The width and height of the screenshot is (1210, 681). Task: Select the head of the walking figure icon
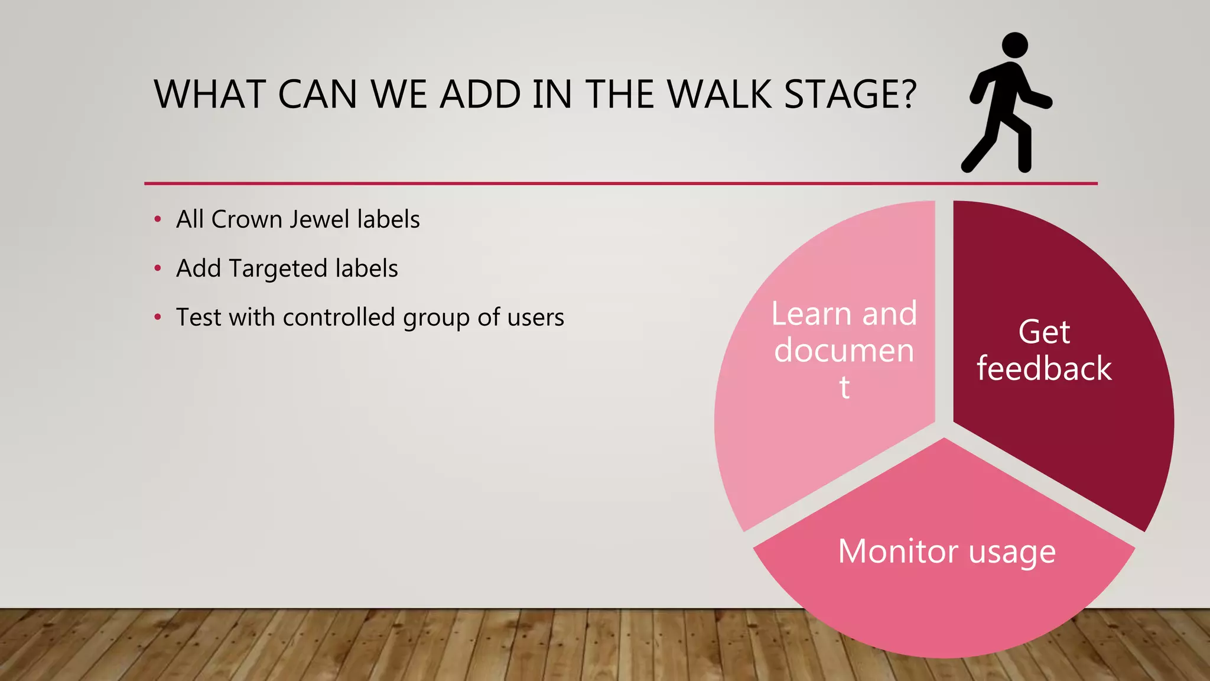click(1015, 46)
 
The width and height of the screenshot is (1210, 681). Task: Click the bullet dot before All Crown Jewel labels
click(158, 219)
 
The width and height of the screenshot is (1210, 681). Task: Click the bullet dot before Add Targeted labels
click(158, 268)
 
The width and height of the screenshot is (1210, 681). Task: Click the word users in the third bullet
click(535, 318)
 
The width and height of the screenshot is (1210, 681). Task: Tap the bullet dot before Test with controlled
click(158, 317)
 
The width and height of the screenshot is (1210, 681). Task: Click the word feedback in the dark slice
click(1044, 368)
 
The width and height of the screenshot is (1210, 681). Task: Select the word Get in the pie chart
click(1044, 332)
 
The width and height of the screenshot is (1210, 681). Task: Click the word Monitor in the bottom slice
click(897, 552)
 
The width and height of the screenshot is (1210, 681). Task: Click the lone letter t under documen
click(844, 388)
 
